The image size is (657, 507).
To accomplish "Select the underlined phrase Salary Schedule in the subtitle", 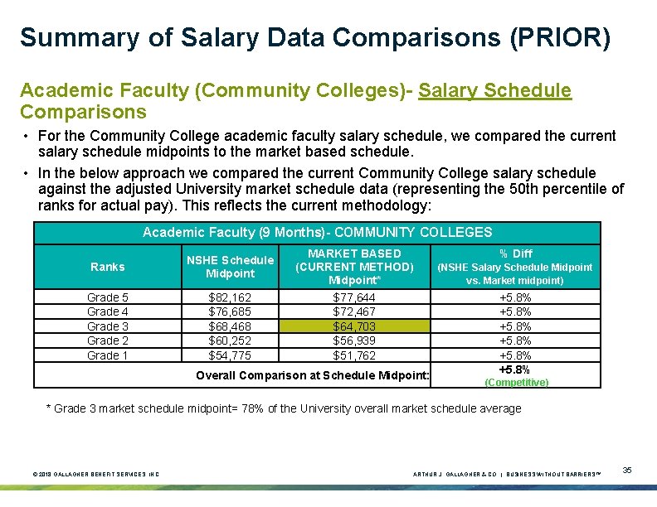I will [x=495, y=90].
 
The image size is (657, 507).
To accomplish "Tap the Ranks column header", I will [x=108, y=267].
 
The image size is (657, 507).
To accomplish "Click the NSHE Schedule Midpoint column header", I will [x=230, y=267].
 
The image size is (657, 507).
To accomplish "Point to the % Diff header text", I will [x=515, y=254].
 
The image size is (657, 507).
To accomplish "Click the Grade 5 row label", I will [x=108, y=297].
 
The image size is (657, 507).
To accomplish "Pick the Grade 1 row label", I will [x=108, y=355].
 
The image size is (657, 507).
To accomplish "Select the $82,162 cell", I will [x=230, y=297].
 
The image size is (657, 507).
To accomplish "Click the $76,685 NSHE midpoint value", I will [x=230, y=311].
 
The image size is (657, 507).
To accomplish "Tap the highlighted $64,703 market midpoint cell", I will [x=354, y=326].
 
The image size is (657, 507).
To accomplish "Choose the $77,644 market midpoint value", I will [x=354, y=297].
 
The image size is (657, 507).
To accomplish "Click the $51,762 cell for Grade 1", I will [x=354, y=355].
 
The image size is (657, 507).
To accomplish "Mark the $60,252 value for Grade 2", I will [x=230, y=340].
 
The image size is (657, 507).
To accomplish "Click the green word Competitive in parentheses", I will [x=516, y=382].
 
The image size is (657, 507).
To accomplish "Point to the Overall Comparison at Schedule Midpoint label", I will [x=313, y=375].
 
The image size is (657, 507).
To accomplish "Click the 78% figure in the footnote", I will [x=274, y=408].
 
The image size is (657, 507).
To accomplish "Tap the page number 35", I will [x=627, y=471].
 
